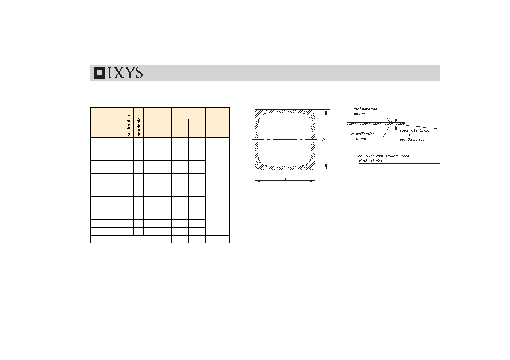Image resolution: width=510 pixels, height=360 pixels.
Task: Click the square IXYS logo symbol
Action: coord(99,73)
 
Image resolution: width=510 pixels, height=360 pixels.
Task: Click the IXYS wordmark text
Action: coord(125,73)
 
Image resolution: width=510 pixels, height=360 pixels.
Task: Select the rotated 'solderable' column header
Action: coord(129,126)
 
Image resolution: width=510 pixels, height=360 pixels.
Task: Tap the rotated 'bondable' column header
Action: coord(139,127)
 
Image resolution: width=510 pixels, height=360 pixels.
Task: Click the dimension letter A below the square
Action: coord(284,178)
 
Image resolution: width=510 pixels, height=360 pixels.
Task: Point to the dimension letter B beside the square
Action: coord(323,140)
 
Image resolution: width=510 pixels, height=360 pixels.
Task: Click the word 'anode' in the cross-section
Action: coord(359,113)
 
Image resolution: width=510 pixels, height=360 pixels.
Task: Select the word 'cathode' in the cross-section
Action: coord(359,138)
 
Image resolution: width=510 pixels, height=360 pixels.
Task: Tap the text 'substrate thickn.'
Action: coord(416,130)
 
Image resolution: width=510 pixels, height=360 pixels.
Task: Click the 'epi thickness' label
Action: coord(412,140)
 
